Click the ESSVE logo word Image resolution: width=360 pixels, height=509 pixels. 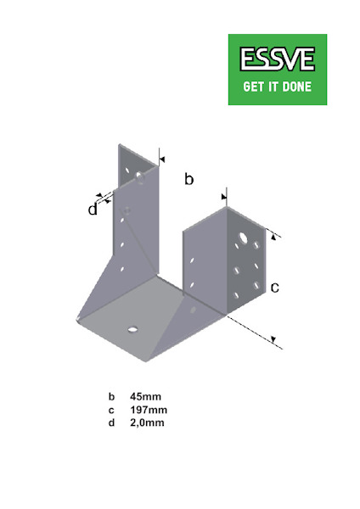tap(277, 59)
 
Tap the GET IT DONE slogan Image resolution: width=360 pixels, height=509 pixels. tap(277, 86)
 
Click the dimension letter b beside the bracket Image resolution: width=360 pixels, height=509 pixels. tap(189, 179)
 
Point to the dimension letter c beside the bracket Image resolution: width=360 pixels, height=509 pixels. tap(274, 288)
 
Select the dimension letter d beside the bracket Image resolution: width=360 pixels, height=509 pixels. tap(93, 210)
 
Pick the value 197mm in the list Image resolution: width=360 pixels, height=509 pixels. tap(147, 410)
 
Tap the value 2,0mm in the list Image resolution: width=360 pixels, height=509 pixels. tap(147, 422)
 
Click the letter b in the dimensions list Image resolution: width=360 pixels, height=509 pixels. tap(110, 396)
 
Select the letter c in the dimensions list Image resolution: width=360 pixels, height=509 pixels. tap(110, 410)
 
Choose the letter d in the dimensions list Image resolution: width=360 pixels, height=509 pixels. tap(110, 422)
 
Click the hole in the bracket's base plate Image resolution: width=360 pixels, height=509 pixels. tap(132, 327)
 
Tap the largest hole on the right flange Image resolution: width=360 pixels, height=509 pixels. tap(243, 236)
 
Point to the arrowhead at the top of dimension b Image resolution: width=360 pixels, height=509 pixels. tap(160, 159)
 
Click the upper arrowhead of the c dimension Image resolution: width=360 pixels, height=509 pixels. tap(273, 238)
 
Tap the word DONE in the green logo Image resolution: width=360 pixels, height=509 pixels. tap(294, 86)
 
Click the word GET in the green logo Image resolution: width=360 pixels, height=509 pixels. tap(254, 86)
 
